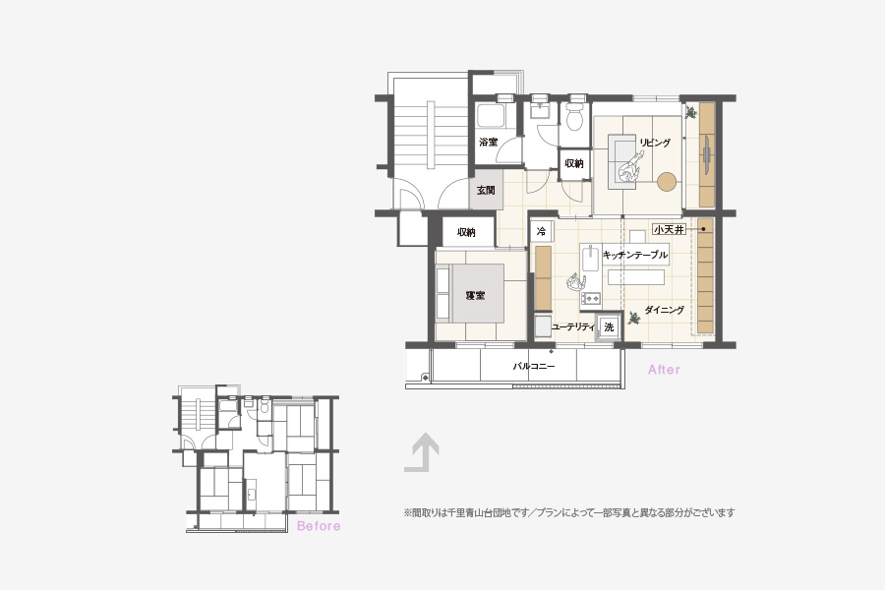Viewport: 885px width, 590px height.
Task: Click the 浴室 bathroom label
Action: point(488,142)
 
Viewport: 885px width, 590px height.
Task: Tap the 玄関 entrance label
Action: point(486,190)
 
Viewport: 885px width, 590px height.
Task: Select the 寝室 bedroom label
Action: point(475,295)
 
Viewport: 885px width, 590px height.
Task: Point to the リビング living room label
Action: point(655,143)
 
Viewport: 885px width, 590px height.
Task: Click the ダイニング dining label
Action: point(665,310)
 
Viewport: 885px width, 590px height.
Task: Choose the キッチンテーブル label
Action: point(635,255)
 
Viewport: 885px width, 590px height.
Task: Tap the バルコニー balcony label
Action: point(534,366)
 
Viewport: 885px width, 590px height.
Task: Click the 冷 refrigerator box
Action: point(541,231)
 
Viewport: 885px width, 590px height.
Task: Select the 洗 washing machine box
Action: point(609,326)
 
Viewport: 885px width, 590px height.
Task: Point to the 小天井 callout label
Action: point(669,229)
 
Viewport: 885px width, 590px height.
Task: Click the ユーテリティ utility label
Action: point(573,326)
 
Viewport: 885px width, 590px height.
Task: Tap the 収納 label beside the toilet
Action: point(574,164)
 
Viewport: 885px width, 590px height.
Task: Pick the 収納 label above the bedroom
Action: point(466,232)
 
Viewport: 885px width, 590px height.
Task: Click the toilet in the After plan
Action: point(575,115)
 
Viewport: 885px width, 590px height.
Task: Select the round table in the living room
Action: point(666,181)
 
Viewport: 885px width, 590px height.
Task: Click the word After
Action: point(664,370)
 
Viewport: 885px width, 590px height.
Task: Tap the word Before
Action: point(319,526)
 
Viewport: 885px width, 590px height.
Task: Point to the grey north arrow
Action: point(422,452)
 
